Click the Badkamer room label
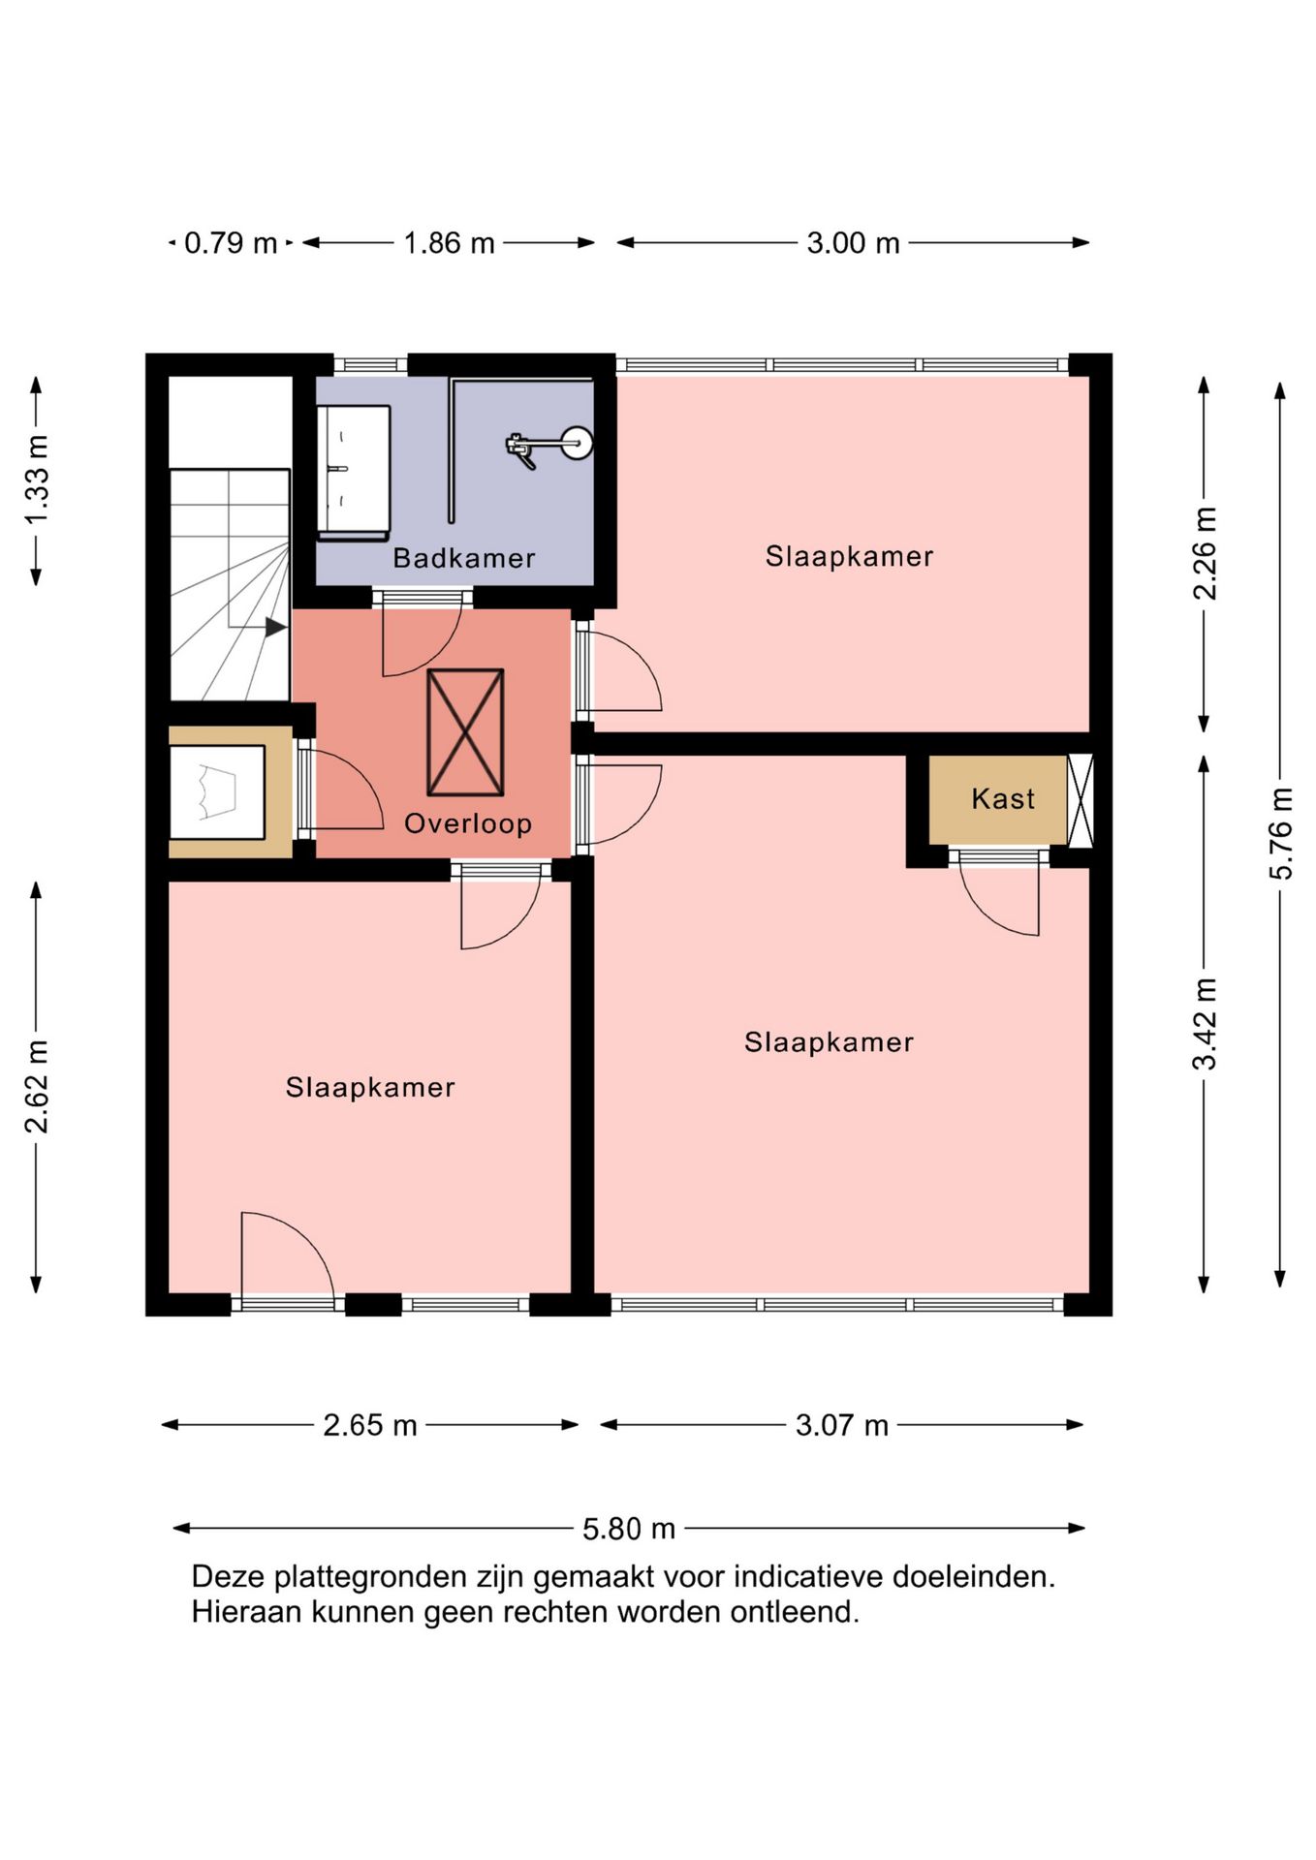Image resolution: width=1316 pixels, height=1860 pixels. [464, 558]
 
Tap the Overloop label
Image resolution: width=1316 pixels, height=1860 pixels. [468, 823]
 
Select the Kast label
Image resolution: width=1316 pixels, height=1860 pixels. [1003, 799]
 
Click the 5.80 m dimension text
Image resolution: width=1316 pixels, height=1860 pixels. [629, 1529]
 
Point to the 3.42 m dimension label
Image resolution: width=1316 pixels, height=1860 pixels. [1205, 1024]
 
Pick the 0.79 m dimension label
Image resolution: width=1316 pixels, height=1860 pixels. [231, 242]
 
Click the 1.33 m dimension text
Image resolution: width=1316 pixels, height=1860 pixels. [37, 480]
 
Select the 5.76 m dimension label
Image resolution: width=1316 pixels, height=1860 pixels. [1281, 834]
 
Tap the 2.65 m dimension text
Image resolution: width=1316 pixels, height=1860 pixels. [370, 1425]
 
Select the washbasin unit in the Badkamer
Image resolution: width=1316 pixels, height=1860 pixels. [354, 473]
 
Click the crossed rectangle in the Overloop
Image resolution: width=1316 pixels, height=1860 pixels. [466, 732]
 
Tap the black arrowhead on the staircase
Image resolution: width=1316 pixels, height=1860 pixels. [276, 628]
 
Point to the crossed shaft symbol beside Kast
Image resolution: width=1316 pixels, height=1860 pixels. [1081, 800]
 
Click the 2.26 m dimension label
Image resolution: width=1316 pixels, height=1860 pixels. [1205, 553]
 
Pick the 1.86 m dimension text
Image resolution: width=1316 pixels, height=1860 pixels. [449, 242]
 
